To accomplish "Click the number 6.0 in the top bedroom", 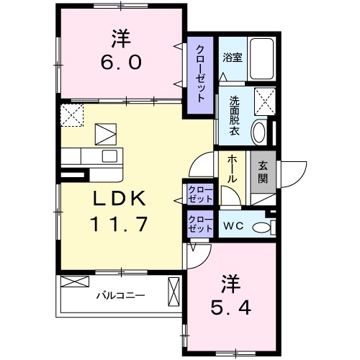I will click(x=120, y=61).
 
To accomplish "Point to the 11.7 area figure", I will click(x=119, y=224).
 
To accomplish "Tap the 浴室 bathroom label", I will click(x=232, y=58).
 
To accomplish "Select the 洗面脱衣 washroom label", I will click(x=235, y=112).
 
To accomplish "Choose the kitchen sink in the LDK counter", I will click(x=110, y=157).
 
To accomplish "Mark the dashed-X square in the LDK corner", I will click(x=71, y=114).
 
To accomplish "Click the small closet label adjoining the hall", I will click(x=199, y=193).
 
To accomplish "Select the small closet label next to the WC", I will click(x=199, y=223).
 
